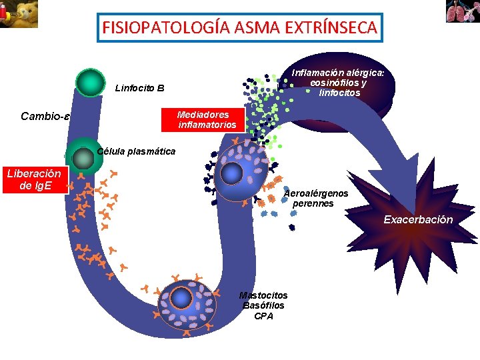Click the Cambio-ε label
coord(45,116)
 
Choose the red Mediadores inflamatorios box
coord(206,119)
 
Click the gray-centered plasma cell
coord(83,158)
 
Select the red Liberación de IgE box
coord(34,179)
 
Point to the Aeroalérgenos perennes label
coord(315,198)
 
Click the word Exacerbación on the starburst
coord(418,219)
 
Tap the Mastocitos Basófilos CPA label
coord(263,305)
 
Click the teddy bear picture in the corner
coord(19,14)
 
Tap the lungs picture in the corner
coord(463,11)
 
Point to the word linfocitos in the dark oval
coord(340,93)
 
